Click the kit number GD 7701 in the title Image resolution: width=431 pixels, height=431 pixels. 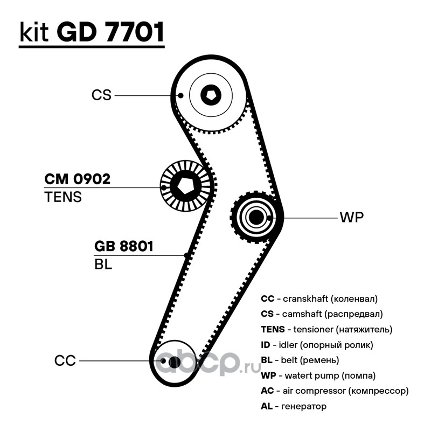tap(110, 32)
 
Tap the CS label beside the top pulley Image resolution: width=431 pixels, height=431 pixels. tap(101, 95)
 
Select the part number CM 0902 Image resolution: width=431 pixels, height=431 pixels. tap(77, 179)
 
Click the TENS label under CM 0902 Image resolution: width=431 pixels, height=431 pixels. tap(63, 197)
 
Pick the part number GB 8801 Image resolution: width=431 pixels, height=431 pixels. tap(123, 246)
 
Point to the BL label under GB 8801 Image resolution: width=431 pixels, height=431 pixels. tap(103, 264)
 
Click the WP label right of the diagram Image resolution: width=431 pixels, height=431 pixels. tap(352, 217)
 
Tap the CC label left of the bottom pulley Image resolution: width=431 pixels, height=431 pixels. tap(65, 360)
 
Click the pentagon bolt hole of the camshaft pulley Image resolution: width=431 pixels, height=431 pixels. tap(211, 95)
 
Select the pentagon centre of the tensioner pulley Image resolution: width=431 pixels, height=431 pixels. tap(185, 186)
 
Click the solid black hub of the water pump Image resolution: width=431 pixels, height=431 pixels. tap(255, 217)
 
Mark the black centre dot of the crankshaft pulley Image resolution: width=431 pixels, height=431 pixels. tap(175, 362)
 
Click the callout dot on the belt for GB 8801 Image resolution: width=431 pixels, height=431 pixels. tap(186, 255)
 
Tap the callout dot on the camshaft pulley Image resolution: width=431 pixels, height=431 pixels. tap(180, 95)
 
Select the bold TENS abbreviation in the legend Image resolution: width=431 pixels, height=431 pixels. tap(273, 329)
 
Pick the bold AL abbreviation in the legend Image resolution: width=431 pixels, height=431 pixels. tap(267, 406)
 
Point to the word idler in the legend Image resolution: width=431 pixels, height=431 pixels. tap(288, 345)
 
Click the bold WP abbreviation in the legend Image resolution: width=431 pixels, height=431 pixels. tap(268, 376)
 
